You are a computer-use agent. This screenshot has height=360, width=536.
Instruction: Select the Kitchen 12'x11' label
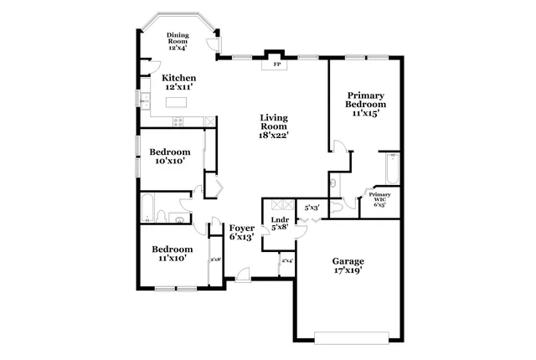(x=178, y=82)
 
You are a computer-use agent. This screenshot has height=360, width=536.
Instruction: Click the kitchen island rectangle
(x=176, y=102)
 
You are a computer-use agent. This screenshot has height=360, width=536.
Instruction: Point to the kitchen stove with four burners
(x=178, y=122)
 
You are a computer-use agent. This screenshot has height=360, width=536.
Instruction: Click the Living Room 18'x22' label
(x=274, y=126)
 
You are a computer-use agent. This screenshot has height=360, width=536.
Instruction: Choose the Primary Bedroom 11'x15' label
(x=367, y=105)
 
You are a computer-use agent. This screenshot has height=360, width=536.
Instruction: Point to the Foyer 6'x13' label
(x=242, y=232)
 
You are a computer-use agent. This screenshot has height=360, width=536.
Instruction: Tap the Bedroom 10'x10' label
(x=169, y=157)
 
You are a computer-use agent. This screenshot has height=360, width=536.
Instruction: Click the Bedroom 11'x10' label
(x=172, y=254)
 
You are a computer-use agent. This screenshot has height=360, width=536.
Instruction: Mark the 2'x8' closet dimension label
(x=215, y=260)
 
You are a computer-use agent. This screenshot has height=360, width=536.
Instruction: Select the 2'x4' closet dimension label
(x=287, y=261)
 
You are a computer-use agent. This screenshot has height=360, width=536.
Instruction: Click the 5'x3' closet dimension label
(x=312, y=207)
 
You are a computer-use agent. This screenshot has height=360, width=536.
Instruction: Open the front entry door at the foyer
(x=243, y=275)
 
